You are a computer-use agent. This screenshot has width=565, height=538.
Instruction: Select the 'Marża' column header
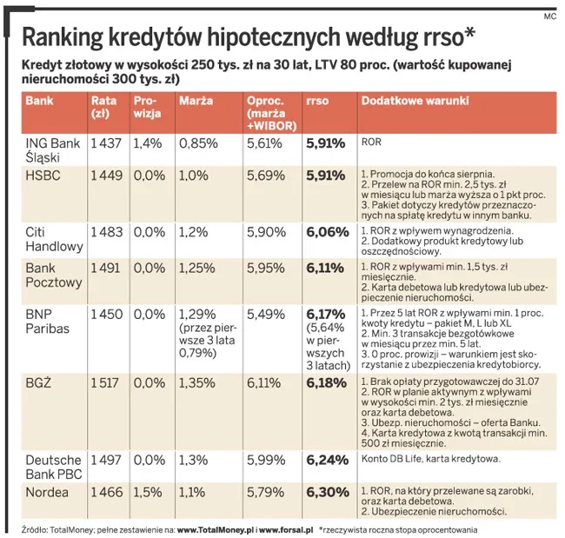196,101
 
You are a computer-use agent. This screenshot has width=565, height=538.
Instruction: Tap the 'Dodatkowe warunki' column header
415,101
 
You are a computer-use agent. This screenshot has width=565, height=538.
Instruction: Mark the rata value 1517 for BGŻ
106,383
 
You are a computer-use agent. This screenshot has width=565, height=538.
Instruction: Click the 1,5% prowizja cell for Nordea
148,492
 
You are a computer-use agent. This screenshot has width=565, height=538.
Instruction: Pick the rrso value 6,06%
326,232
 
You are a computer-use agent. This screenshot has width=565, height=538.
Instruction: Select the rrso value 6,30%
326,492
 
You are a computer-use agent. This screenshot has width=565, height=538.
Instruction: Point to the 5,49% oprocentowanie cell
265,315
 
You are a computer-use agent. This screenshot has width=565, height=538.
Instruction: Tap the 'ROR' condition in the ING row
370,142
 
